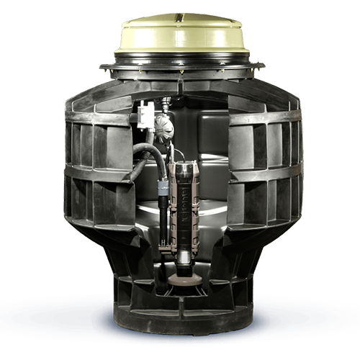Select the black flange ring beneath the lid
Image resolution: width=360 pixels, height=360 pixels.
point(181,69)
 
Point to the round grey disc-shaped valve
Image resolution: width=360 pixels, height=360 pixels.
point(163,123)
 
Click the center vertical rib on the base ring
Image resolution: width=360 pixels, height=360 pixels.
point(181,317)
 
